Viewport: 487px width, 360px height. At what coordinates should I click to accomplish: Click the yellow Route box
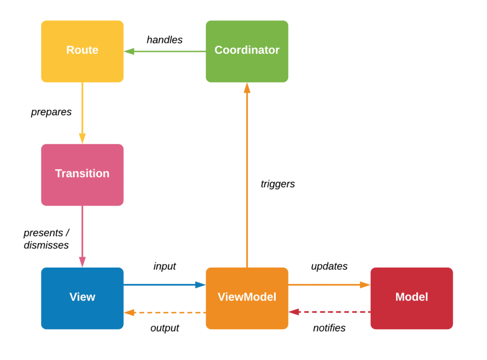(x=82, y=51)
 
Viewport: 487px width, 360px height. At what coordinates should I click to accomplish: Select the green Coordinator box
(x=247, y=51)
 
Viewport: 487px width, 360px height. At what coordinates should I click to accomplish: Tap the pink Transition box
(x=82, y=174)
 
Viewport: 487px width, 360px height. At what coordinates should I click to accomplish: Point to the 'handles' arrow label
(x=164, y=40)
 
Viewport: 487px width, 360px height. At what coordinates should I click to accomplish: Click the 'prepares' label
(x=51, y=112)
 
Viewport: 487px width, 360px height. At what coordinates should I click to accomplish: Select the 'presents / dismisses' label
(x=46, y=239)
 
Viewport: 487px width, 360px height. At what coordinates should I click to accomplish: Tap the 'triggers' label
(x=278, y=184)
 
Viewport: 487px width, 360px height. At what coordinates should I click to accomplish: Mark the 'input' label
(x=164, y=266)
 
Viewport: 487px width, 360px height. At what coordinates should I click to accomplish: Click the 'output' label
(x=164, y=328)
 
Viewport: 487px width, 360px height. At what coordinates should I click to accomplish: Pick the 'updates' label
(x=329, y=266)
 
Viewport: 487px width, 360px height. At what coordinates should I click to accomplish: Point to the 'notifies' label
(x=329, y=328)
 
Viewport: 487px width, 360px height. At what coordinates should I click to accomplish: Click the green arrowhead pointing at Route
(x=129, y=51)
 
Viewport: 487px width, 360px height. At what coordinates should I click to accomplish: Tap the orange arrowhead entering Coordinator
(x=247, y=88)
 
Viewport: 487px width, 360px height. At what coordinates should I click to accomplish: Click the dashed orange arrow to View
(x=169, y=312)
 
